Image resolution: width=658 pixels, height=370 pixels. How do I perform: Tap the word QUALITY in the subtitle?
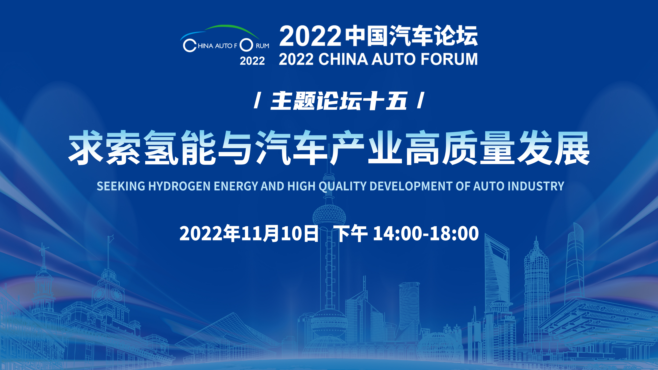343,186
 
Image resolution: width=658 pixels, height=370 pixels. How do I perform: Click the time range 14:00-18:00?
426,233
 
